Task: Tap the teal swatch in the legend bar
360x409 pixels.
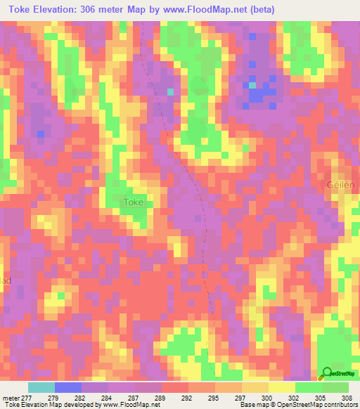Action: [x=41, y=387]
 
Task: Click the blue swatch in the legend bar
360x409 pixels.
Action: [x=67, y=387]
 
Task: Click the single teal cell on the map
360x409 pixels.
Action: [x=169, y=91]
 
